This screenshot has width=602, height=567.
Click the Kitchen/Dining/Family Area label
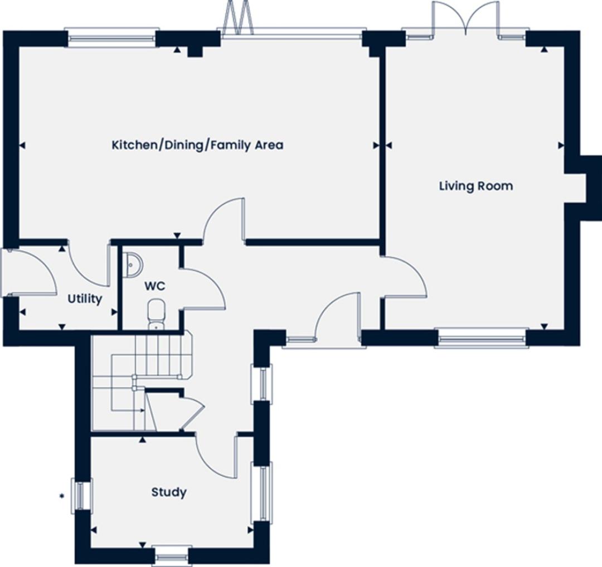[x=197, y=145]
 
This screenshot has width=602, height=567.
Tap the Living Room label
[x=476, y=186]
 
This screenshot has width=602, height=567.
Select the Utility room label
[x=85, y=299]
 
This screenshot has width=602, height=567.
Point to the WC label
[x=155, y=286]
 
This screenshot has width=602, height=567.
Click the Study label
[x=169, y=492]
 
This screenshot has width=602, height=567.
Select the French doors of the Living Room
[x=466, y=19]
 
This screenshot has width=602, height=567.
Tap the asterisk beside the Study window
[x=61, y=496]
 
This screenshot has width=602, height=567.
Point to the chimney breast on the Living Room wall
[x=582, y=189]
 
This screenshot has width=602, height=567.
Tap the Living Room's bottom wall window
[x=482, y=338]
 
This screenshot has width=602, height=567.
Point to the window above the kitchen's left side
[x=112, y=37]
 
